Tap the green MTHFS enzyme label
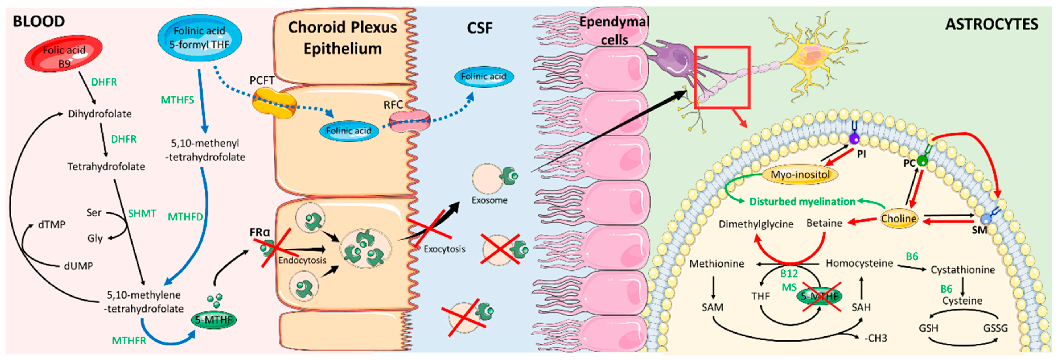pos(177,100)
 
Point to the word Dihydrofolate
pos(100,114)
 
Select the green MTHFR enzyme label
pos(129,341)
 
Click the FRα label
pos(260,233)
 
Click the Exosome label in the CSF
pos(489,200)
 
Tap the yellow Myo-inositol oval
pos(800,175)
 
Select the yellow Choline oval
pos(899,218)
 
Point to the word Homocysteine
pos(859,263)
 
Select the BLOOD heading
pos(39,21)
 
